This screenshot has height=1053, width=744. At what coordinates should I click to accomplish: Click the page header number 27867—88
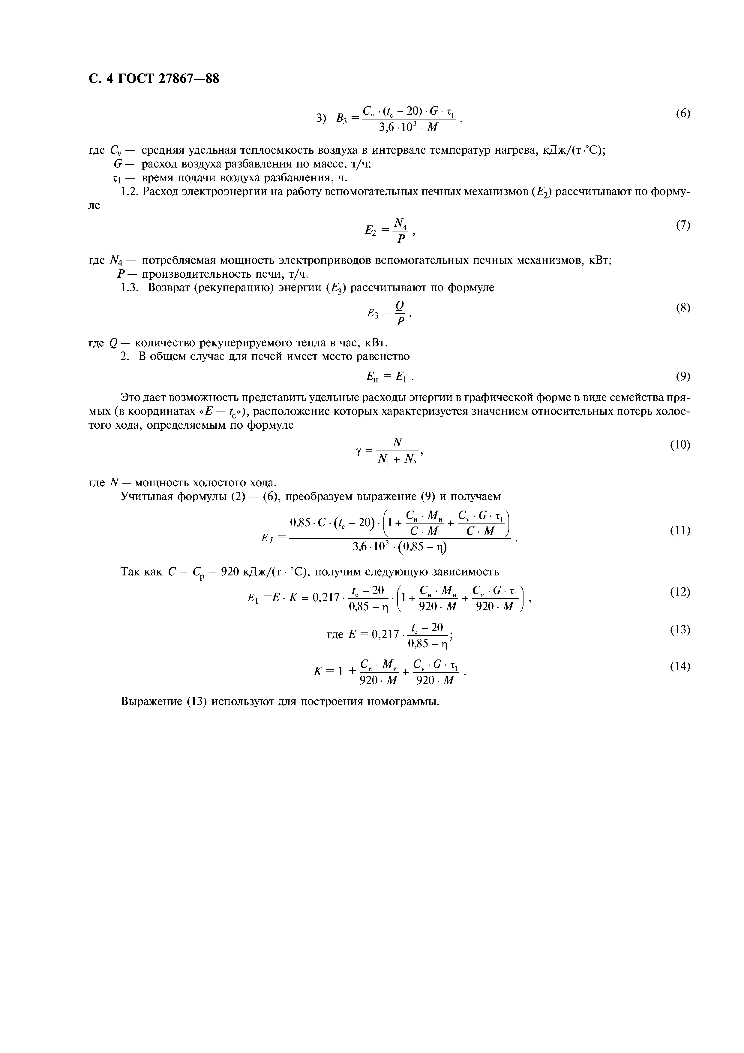click(x=189, y=79)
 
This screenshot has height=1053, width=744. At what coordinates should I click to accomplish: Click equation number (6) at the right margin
click(x=682, y=114)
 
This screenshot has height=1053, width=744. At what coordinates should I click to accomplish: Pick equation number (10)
click(x=680, y=445)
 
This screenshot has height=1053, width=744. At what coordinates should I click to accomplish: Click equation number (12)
click(x=680, y=592)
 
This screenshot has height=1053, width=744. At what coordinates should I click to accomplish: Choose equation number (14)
click(x=680, y=666)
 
